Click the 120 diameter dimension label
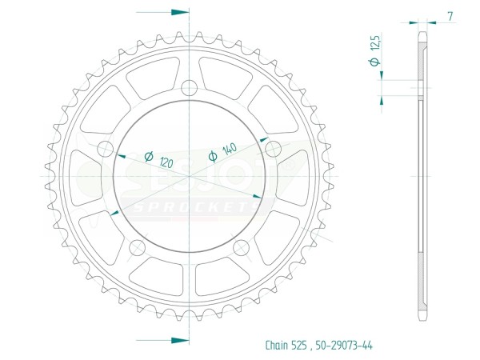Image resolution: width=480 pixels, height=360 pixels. point(166,163)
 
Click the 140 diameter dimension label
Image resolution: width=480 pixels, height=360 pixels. point(230,149)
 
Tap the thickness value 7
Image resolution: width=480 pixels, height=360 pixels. point(450,16)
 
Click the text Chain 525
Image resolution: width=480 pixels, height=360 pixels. point(286,345)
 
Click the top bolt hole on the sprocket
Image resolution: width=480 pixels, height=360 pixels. point(189,88)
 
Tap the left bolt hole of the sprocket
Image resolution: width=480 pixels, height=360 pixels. point(106,149)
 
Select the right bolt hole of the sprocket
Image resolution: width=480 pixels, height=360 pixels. point(273,149)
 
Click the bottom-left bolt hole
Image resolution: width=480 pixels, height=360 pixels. point(137,248)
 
